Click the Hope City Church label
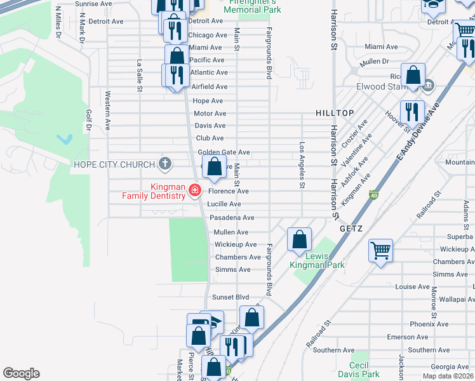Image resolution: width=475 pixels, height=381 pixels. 114,164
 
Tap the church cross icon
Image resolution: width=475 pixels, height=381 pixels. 165,164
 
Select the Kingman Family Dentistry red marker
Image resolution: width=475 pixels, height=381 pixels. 194,190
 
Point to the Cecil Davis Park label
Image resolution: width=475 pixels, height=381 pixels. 359,370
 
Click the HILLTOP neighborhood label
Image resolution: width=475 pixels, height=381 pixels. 335,113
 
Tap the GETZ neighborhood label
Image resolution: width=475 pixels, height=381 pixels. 351,228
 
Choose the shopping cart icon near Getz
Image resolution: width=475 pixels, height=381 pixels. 380,251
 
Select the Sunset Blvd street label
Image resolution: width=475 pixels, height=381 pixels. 231,297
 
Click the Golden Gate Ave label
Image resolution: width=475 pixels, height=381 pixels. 224,152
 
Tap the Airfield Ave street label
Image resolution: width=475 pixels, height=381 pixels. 209,87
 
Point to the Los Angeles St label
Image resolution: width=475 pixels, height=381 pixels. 302,165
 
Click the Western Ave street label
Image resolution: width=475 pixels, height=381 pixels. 108,107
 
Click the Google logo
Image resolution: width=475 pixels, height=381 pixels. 21,373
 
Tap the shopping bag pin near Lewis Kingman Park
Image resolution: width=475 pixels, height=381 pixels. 299,240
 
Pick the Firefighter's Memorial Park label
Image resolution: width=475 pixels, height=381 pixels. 253,7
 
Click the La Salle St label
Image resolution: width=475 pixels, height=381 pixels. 139,76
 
